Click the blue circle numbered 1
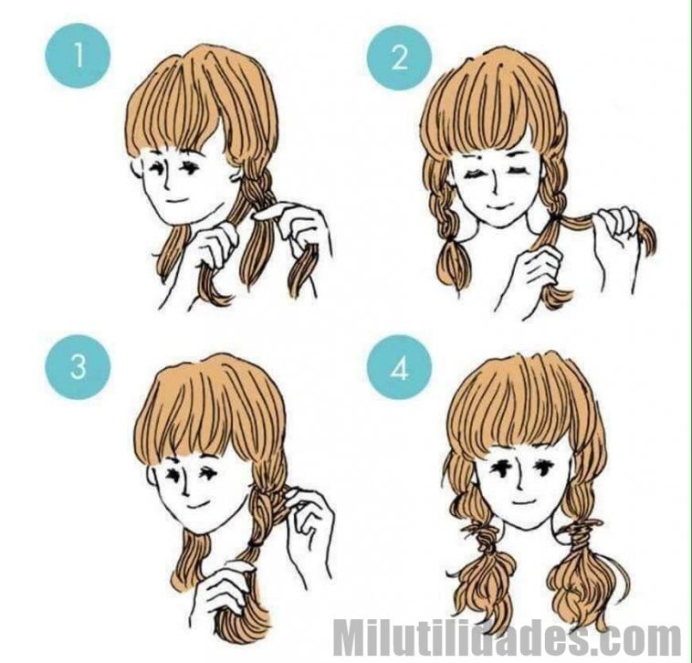78,56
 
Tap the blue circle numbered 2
399,58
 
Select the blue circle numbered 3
78,367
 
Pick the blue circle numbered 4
399,368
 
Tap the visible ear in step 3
152,476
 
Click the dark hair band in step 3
255,542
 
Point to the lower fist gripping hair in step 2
540,266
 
